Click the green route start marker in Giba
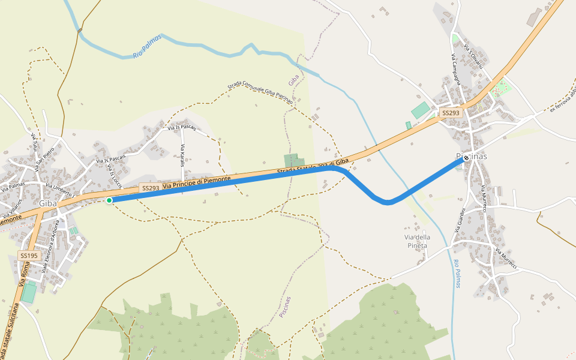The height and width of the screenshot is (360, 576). [109, 200]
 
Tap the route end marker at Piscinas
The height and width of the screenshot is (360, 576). [466, 158]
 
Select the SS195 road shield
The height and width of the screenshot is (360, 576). [29, 256]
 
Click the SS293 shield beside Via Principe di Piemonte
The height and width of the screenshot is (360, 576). [150, 188]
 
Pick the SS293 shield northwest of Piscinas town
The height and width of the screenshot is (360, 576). [450, 113]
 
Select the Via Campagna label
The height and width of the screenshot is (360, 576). [455, 68]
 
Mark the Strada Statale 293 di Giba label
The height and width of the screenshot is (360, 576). [313, 167]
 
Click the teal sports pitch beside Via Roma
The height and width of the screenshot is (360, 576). [28, 293]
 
